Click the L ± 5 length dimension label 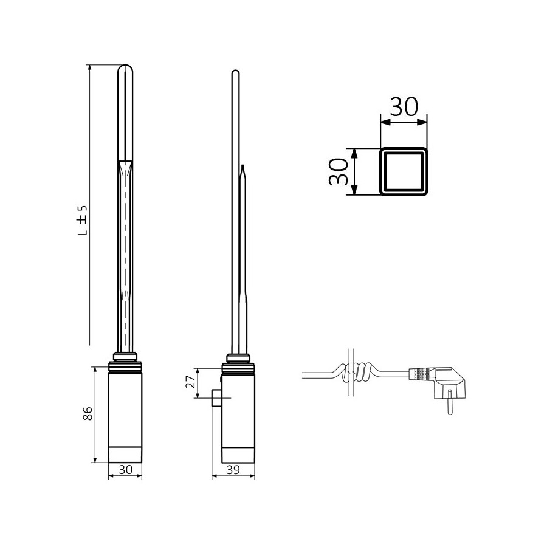(x=84, y=220)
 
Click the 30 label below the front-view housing (x=125, y=469)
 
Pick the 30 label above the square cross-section (x=404, y=107)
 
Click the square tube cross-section (x=404, y=171)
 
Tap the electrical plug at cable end (x=447, y=382)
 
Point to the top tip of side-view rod (x=235, y=74)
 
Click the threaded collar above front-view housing (x=125, y=364)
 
